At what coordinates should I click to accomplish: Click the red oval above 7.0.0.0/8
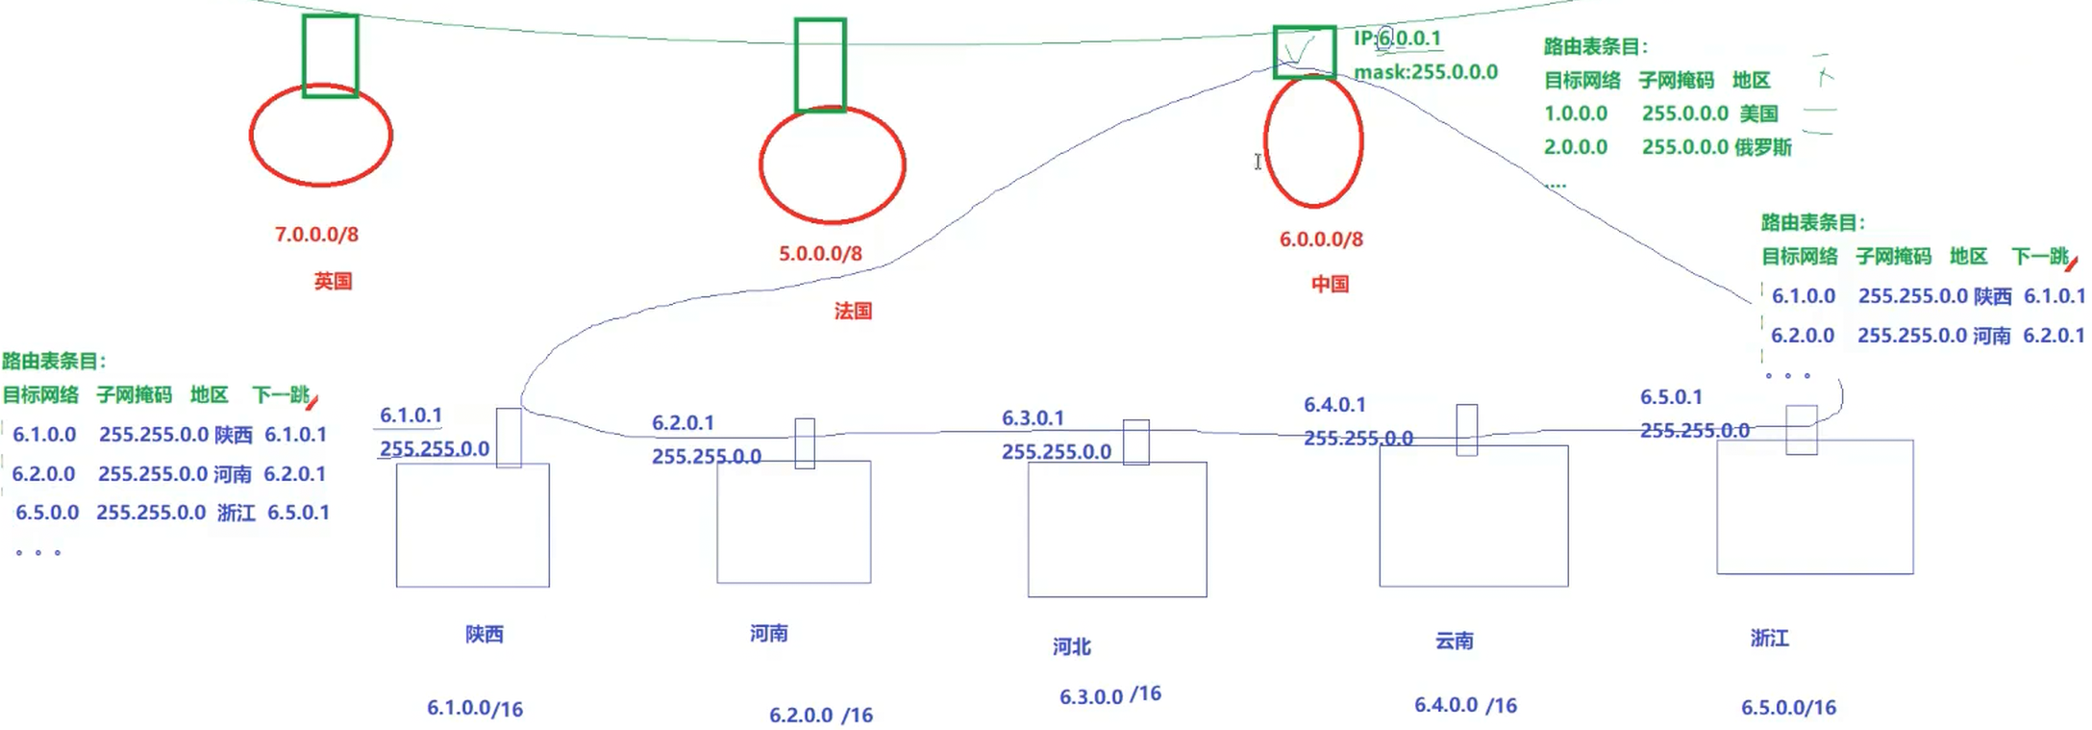point(320,136)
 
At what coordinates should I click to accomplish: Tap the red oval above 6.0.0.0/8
point(1313,142)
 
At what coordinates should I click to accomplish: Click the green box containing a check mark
point(1304,52)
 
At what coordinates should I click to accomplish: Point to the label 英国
point(333,281)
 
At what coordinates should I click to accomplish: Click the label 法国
point(853,311)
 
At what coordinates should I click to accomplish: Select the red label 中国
point(1330,284)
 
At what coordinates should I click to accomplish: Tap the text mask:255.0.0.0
point(1426,72)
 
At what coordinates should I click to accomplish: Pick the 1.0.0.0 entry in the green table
point(1576,113)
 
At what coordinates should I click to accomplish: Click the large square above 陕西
point(472,525)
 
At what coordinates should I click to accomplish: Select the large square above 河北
point(1116,529)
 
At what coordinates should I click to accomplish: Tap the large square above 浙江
point(1814,507)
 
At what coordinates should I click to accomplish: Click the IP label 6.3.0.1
point(1033,418)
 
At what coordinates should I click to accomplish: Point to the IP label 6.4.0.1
point(1334,405)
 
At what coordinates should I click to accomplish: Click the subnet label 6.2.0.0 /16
point(820,715)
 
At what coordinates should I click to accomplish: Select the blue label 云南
point(1454,641)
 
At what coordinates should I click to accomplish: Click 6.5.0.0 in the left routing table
point(47,513)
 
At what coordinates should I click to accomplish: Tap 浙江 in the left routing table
point(236,513)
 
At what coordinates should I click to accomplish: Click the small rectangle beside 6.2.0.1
point(805,443)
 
